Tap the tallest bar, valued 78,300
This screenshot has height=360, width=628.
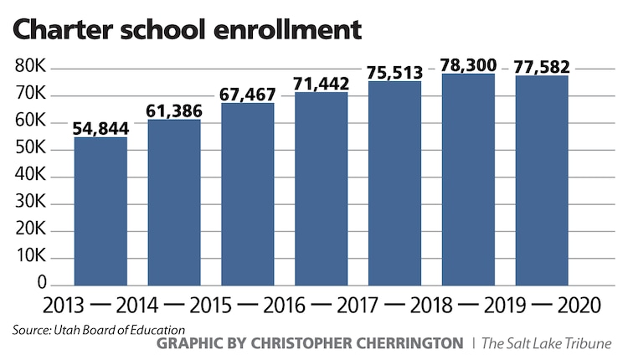[468, 180]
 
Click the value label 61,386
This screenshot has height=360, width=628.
[174, 110]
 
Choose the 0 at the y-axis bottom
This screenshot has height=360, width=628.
[37, 285]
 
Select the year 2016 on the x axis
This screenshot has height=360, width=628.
[284, 306]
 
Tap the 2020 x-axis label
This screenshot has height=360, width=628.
[579, 306]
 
